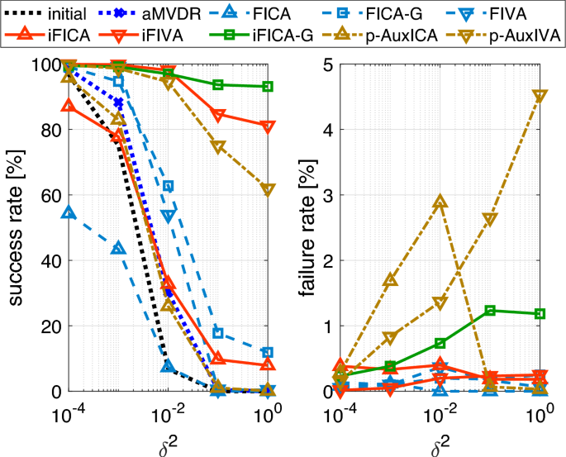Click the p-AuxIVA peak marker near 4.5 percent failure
[540, 96]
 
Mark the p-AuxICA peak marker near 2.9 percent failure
[440, 202]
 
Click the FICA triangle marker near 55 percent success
[69, 212]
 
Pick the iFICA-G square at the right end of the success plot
[268, 87]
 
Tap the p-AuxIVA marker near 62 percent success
[268, 188]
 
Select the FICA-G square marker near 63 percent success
[169, 186]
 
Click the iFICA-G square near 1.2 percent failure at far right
[540, 314]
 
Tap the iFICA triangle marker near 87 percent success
[69, 106]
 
